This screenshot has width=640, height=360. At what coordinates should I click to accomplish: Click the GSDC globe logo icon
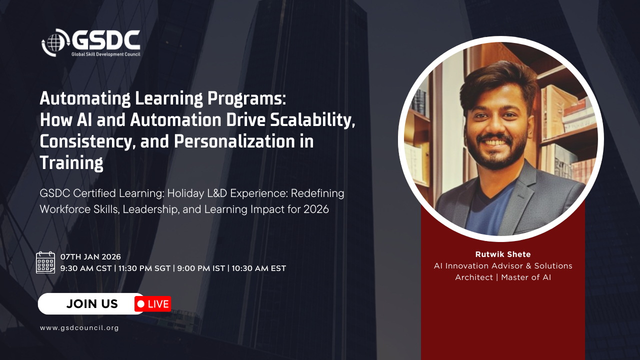pos(55,42)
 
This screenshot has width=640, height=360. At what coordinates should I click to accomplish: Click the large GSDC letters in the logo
pos(106,40)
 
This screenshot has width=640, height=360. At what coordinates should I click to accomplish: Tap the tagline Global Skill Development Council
pos(105,54)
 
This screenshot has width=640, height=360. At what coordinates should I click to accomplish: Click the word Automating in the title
pos(85,99)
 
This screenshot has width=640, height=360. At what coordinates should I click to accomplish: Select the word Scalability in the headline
pos(312,120)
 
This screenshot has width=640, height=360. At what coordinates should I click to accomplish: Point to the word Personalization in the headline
pos(235,141)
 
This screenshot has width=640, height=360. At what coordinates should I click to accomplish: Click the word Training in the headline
pos(71,163)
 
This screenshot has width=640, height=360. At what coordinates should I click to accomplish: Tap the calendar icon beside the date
pos(45,262)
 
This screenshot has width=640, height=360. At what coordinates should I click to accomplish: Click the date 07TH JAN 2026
pos(90,257)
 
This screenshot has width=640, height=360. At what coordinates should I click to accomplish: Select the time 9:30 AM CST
pos(86,268)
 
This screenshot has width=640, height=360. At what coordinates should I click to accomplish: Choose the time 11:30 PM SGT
pos(144,268)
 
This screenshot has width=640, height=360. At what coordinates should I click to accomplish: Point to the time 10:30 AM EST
pos(259,268)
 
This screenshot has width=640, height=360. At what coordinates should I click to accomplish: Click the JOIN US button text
pos(92,304)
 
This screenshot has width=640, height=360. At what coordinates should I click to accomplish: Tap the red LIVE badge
pos(153,304)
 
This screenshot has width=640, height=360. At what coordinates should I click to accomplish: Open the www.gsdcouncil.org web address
pos(79,328)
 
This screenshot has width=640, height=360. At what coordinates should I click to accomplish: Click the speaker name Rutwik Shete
pos(503,254)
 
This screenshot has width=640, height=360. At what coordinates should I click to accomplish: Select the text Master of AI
pos(526,277)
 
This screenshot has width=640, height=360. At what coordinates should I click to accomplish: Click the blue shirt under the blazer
pos(485,211)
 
